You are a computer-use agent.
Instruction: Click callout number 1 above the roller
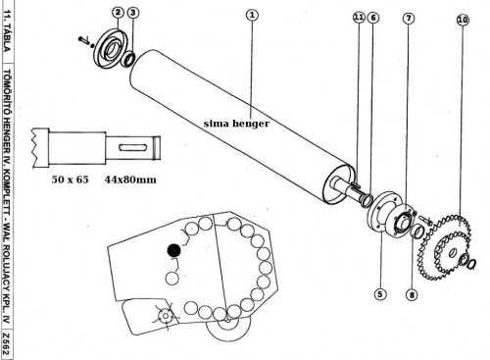coord(252,15)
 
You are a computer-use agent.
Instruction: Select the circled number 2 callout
coord(118,13)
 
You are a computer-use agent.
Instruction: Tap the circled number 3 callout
coord(132,13)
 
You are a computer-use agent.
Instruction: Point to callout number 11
coord(359,17)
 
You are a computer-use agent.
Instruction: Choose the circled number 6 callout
coord(373,18)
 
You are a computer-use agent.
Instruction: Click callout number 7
coord(409,19)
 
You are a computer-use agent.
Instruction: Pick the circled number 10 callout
coord(463,20)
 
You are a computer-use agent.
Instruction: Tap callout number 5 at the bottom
coord(379,294)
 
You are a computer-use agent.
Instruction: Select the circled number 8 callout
coord(412,295)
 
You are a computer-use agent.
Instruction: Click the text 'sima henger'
coord(236,124)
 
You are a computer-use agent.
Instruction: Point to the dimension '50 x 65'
coord(70,180)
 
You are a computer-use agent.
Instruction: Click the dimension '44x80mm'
coord(130,180)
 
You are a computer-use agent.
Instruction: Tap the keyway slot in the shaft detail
coord(132,147)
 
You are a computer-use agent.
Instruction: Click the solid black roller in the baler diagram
coord(173,250)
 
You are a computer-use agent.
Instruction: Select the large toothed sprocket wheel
coord(447,247)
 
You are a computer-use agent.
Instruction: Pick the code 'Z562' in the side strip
coord(6,344)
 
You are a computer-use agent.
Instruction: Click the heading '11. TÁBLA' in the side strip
coord(7,30)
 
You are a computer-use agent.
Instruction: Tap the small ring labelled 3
coord(127,59)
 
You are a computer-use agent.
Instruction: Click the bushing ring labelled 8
coord(417,231)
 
